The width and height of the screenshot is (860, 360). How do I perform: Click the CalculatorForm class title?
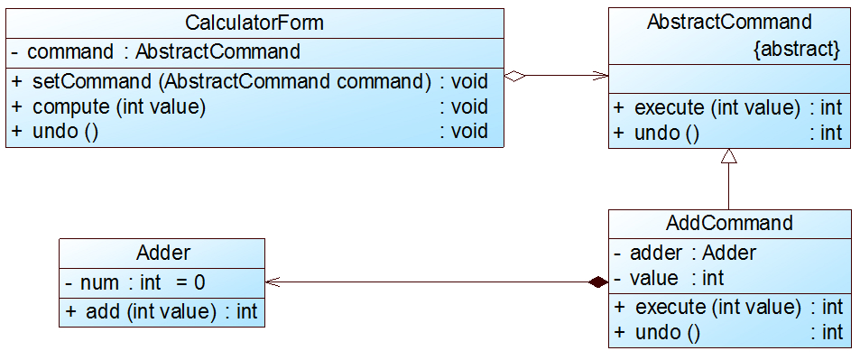pos(254,22)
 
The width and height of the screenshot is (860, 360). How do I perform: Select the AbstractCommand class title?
pos(729,22)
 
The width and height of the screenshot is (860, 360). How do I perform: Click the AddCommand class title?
pos(729,223)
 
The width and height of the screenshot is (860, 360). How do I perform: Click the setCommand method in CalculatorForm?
pos(231,81)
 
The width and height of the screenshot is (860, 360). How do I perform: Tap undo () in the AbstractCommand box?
pos(668,134)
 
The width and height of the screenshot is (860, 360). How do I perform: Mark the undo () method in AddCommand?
pos(668,332)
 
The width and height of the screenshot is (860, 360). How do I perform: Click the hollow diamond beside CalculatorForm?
pos(514,77)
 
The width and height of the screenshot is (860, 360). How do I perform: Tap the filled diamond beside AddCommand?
pos(596,282)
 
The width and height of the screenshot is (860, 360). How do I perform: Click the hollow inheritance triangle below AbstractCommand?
pos(729,156)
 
